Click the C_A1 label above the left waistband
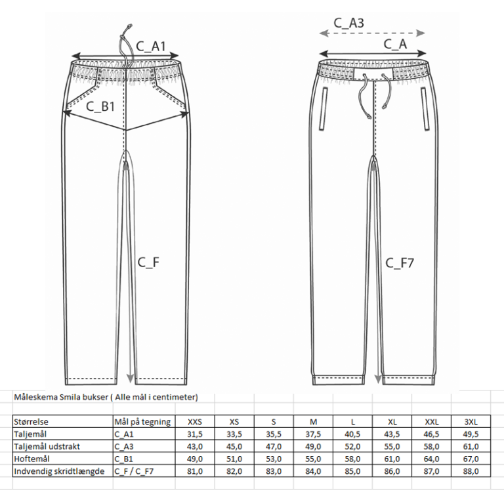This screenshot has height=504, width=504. click(x=151, y=47)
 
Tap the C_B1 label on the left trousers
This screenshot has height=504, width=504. click(x=100, y=107)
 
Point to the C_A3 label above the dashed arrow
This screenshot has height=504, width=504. click(x=348, y=23)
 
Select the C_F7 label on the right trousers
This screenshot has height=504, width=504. click(x=400, y=263)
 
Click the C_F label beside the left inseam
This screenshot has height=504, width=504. click(x=148, y=262)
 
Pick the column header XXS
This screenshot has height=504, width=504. click(x=195, y=422)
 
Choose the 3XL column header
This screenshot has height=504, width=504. click(x=471, y=422)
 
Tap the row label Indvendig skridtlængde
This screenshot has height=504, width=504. click(x=59, y=472)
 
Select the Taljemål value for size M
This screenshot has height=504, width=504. click(x=313, y=434)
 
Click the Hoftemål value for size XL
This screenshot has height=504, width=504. click(x=392, y=459)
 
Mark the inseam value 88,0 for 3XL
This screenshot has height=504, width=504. click(x=471, y=472)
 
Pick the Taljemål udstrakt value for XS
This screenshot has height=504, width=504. click(x=234, y=447)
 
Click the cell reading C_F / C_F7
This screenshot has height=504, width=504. click(x=134, y=472)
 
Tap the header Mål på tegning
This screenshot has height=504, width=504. click(x=142, y=422)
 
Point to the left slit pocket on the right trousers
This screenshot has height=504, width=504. click(x=323, y=109)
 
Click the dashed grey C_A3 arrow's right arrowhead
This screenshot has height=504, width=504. click(x=421, y=33)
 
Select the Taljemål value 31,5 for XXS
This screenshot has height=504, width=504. click(x=195, y=434)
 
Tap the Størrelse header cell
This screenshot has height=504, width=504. click(x=31, y=422)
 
